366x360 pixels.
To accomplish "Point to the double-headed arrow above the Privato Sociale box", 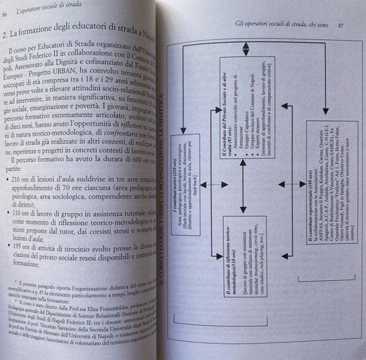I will [243, 43].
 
